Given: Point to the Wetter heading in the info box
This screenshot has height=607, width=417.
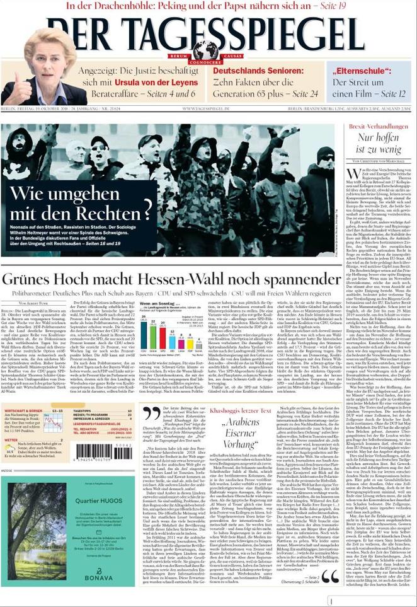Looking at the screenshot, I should click(11, 439).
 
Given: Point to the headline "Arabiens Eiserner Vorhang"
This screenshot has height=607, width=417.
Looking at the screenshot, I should click(240, 432).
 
